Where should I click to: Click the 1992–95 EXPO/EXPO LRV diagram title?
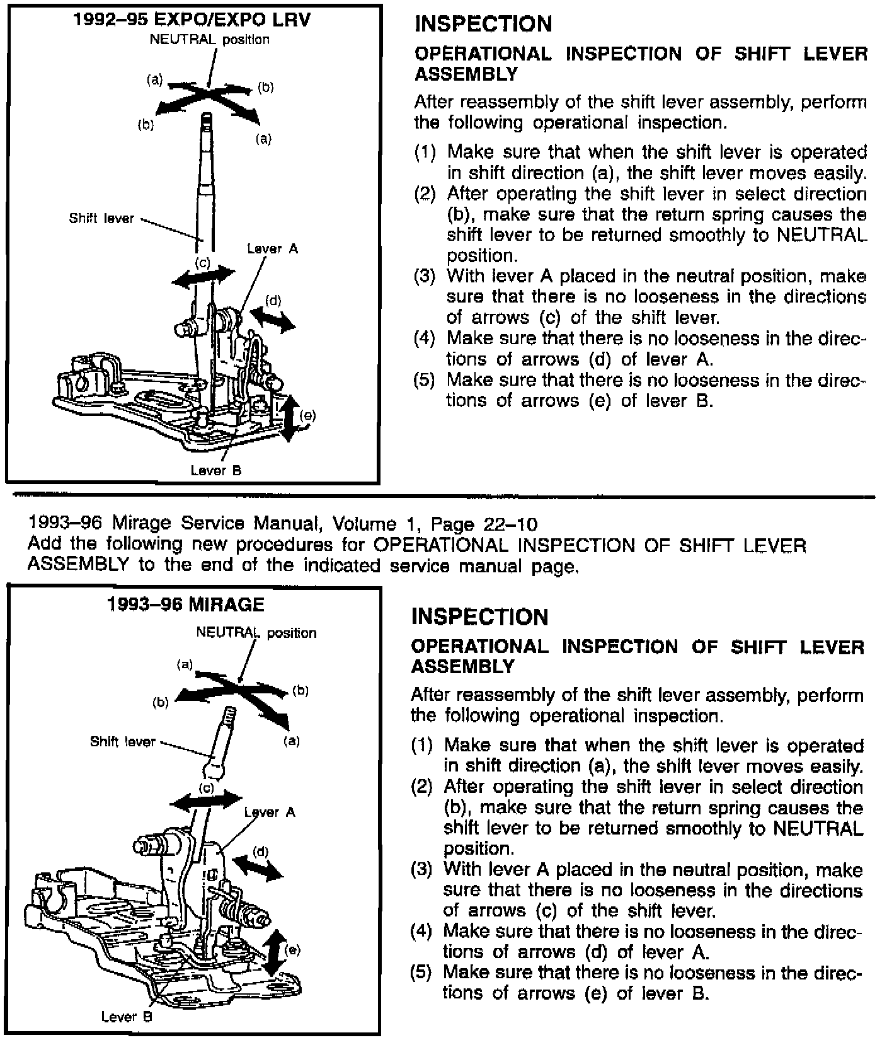(x=192, y=20)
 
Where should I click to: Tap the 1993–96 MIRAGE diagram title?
(x=186, y=604)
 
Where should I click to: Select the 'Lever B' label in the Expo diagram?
(x=216, y=470)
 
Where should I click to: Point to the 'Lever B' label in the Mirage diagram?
(x=127, y=1016)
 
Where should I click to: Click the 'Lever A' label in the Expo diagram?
(x=272, y=248)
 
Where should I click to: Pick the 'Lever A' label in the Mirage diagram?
(x=270, y=812)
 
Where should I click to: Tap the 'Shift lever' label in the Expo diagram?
(x=101, y=219)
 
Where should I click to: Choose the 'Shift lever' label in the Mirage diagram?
(x=122, y=742)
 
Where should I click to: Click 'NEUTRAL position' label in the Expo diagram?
(x=209, y=39)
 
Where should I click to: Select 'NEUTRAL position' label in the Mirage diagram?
(x=256, y=632)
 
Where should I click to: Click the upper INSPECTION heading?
(x=483, y=24)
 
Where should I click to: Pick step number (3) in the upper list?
(x=425, y=277)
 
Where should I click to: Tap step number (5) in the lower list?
(x=421, y=972)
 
